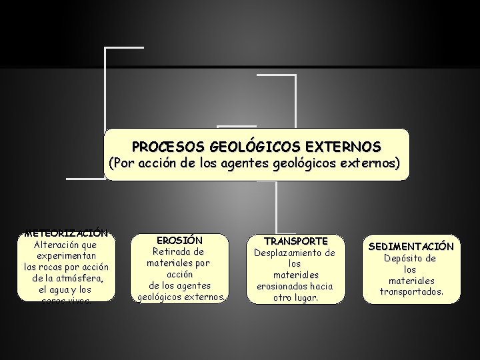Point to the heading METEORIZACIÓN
tap(65, 234)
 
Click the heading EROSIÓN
tap(179, 240)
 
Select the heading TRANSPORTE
tap(296, 241)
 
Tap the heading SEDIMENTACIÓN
tap(411, 247)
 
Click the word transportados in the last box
tap(411, 292)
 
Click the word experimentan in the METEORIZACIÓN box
tap(65, 256)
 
